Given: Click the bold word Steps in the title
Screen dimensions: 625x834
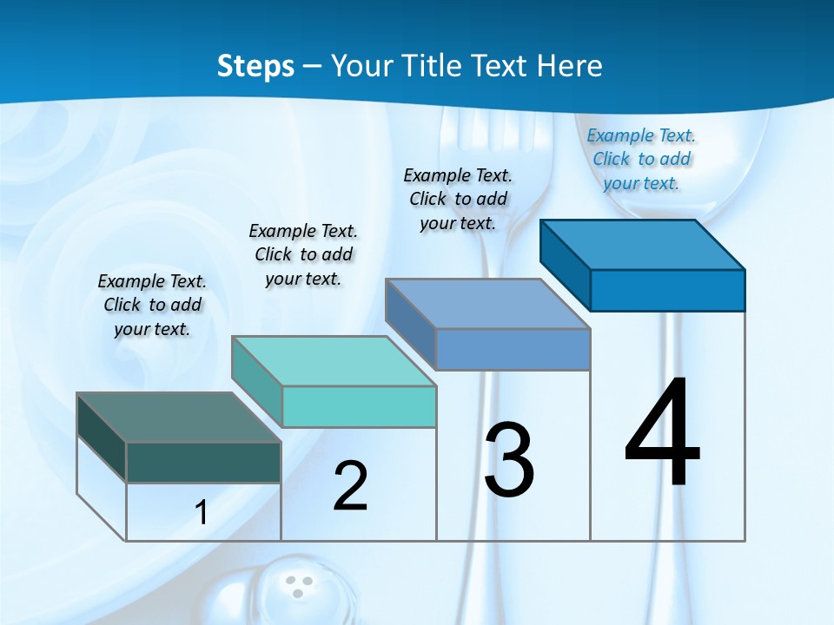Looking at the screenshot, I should [x=255, y=66].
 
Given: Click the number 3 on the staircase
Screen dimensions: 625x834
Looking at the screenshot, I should [x=509, y=460].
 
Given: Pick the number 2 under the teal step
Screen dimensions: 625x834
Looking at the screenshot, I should [x=350, y=486].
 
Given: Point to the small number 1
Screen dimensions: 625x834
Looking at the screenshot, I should [x=202, y=512].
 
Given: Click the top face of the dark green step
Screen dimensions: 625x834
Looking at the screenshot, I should [x=178, y=418].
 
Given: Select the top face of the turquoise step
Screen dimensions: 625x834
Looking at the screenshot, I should [x=334, y=361].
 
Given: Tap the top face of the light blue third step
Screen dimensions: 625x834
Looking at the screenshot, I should [x=487, y=304].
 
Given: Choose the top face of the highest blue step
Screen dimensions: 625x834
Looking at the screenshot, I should [x=643, y=245].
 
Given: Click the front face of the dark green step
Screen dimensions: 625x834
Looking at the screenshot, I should [x=203, y=462].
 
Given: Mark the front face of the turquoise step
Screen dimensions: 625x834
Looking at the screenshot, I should [x=359, y=406].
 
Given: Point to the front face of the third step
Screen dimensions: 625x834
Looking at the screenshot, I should [x=513, y=349].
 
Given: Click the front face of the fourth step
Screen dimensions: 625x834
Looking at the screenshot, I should [x=667, y=290].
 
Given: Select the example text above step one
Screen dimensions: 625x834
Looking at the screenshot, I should [x=152, y=305].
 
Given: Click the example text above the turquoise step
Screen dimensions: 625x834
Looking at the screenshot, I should [x=303, y=254].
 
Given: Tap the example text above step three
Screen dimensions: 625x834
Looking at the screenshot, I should [x=458, y=199].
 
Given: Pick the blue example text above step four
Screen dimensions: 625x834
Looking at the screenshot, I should [x=641, y=159].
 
